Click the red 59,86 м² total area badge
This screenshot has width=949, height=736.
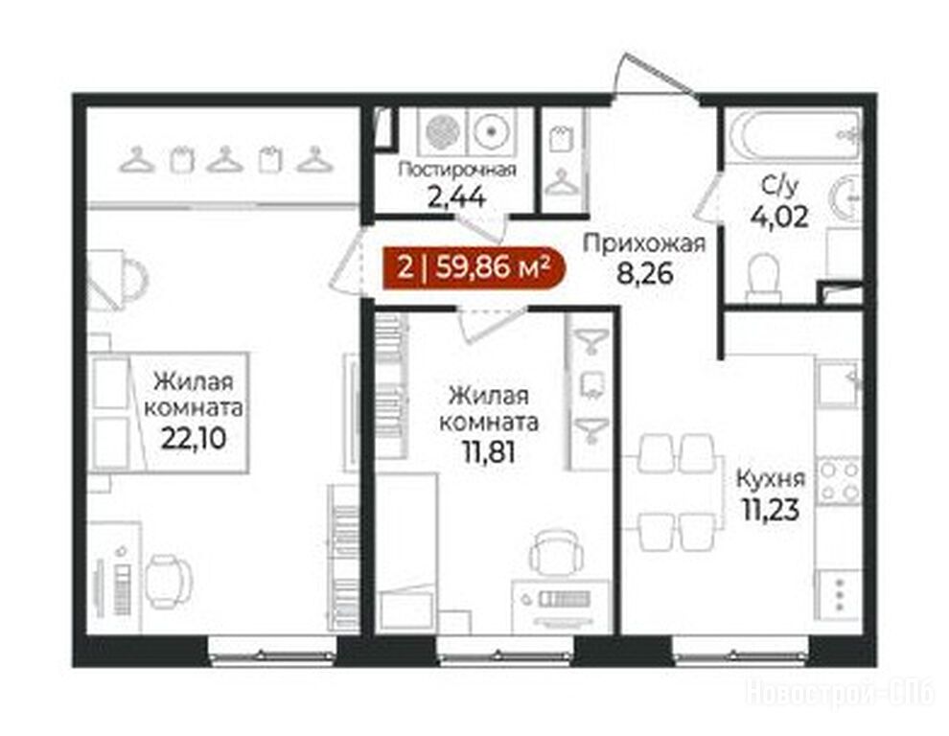[474, 267]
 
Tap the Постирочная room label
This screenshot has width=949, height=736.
[457, 170]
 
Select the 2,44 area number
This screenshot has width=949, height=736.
[456, 196]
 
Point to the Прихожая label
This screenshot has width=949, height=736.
[644, 244]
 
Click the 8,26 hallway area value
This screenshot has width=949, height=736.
[644, 273]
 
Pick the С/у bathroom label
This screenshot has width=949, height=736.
[780, 188]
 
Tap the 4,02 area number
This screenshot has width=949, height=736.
[779, 217]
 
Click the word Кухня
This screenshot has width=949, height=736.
[771, 479]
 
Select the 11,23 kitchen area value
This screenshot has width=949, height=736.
[771, 509]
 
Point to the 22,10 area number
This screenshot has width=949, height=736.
[194, 438]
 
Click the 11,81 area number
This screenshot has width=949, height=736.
[489, 451]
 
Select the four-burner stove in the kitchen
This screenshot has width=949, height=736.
[839, 481]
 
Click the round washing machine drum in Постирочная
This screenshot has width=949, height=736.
[490, 130]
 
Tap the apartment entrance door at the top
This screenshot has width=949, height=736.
[655, 78]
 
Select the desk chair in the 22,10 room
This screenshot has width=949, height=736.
[167, 581]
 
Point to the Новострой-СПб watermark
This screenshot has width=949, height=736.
[842, 693]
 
